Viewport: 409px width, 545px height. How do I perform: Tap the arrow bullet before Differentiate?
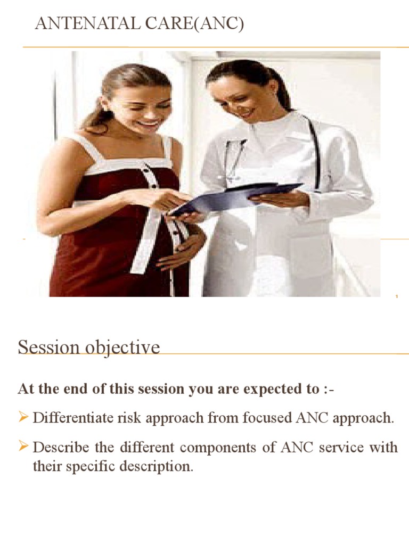coord(23,418)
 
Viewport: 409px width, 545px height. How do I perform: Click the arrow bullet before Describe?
coord(23,447)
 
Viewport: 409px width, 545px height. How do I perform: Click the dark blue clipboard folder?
coord(234,196)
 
